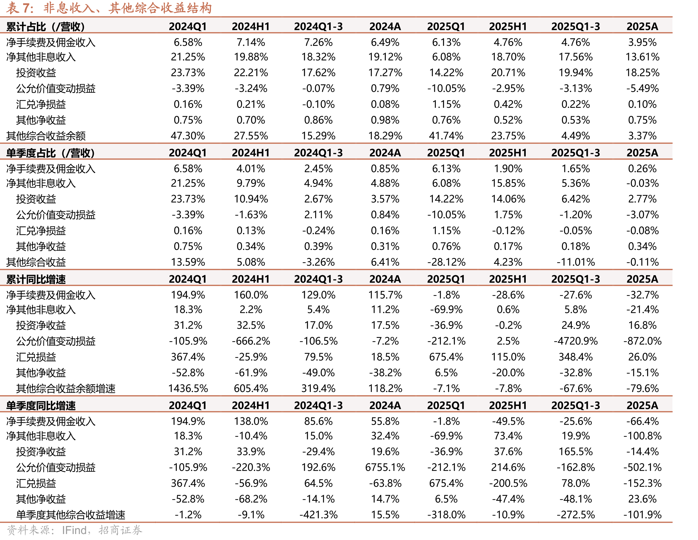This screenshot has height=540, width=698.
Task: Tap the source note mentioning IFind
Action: [x=75, y=530]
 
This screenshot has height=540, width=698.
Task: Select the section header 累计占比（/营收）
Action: [x=45, y=26]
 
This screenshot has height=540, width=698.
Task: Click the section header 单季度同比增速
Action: [x=41, y=405]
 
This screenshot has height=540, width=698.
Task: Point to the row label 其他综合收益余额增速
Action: [x=66, y=388]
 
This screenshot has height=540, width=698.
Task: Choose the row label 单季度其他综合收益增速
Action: [x=71, y=515]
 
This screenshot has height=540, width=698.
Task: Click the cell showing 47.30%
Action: [x=188, y=136]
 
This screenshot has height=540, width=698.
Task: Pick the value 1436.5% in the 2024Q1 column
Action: [x=188, y=388]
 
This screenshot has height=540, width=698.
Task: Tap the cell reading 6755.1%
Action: [x=385, y=467]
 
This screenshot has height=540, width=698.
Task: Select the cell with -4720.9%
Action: [x=576, y=341]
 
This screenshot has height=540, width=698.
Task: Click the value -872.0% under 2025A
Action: [x=642, y=341]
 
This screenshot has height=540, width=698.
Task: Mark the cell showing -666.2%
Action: [x=251, y=341]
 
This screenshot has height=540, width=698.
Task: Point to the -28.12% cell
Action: [x=446, y=262]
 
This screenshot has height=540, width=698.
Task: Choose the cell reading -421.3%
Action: [x=318, y=515]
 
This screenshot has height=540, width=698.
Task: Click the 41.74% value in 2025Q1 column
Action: [x=446, y=136]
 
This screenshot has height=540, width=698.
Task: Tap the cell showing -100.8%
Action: [x=642, y=436]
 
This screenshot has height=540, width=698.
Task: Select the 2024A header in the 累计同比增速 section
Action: [x=385, y=279]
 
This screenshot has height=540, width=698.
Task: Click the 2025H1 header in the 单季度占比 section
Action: [x=508, y=153]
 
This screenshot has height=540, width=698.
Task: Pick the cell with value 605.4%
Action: [x=251, y=388]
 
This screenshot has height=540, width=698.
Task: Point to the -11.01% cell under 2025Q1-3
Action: [x=576, y=262]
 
